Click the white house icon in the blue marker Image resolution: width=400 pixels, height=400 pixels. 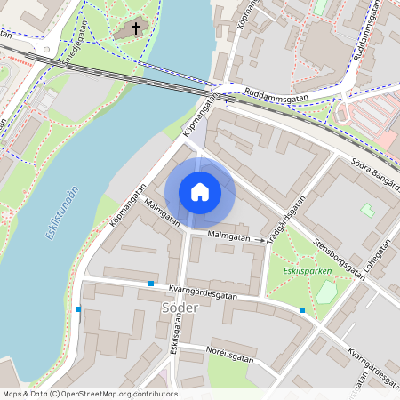(x=200, y=192)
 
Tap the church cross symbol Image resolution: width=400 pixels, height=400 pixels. (x=136, y=28)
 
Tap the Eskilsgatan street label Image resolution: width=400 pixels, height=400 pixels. (x=175, y=354)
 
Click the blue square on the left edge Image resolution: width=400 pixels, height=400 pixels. (x=78, y=309)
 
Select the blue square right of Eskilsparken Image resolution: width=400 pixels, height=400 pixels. (x=303, y=310)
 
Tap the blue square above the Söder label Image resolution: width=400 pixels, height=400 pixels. (x=151, y=284)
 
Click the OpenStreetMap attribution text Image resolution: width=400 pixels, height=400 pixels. (x=89, y=394)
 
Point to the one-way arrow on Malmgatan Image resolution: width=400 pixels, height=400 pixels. (x=260, y=240)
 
